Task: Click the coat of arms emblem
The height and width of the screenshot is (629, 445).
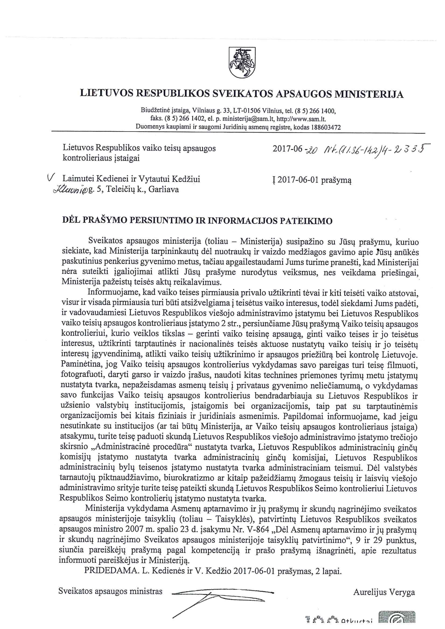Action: [242, 63]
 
